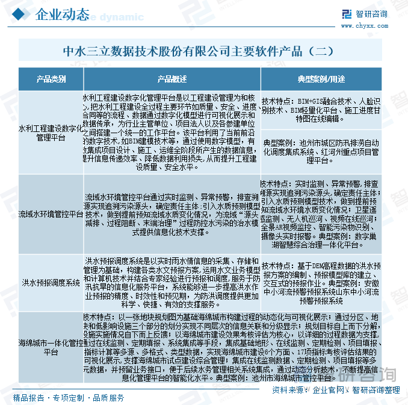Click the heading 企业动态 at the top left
[x=64, y=14]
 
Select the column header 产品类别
[x=51, y=79]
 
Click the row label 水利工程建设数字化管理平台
[x=51, y=133]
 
